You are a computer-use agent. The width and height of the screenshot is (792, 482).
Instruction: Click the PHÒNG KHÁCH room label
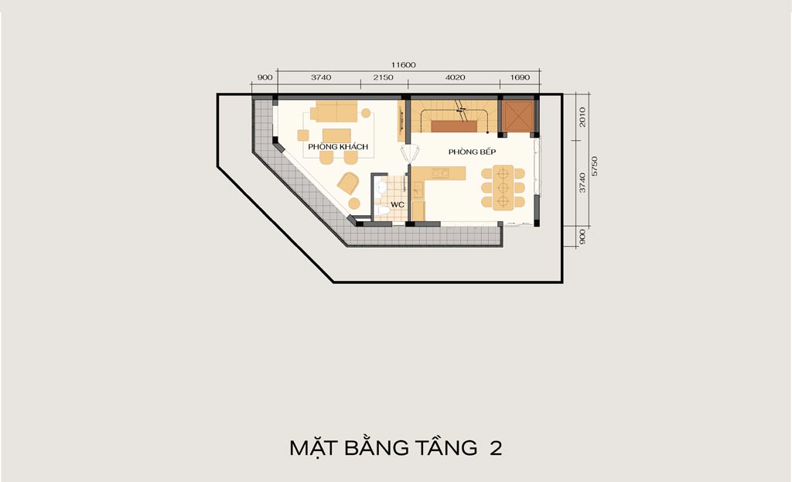click(x=338, y=146)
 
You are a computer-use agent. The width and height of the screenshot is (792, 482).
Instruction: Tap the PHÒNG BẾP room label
click(x=472, y=152)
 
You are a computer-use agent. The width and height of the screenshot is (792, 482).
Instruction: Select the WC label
click(x=398, y=204)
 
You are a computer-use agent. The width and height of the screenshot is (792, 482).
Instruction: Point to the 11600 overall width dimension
click(x=403, y=65)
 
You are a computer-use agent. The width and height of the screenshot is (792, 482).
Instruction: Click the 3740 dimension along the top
click(x=321, y=77)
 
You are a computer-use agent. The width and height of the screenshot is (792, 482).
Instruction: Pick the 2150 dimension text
click(x=383, y=77)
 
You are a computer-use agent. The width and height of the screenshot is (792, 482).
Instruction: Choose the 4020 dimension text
click(x=455, y=77)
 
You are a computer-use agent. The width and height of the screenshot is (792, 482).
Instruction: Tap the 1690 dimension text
click(x=520, y=77)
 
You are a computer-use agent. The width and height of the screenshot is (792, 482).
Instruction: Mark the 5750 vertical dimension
click(x=595, y=166)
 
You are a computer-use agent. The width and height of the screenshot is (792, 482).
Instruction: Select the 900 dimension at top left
click(x=265, y=77)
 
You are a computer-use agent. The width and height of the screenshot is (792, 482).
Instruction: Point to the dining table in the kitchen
click(x=503, y=187)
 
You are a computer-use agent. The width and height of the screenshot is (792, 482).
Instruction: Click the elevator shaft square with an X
click(x=517, y=116)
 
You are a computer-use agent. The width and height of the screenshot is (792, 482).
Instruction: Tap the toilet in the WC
click(x=381, y=209)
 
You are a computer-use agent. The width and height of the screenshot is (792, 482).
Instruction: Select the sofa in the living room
click(x=334, y=111)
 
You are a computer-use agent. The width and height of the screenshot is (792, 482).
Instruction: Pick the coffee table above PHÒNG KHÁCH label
click(x=336, y=135)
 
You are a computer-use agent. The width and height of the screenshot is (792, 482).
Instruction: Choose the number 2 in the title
click(x=496, y=449)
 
